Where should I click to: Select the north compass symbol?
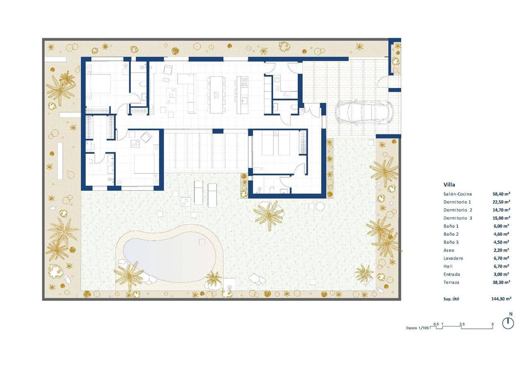pyautogui.click(x=508, y=323)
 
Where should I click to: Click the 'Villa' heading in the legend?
pyautogui.click(x=449, y=184)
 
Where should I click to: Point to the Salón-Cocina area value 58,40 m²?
pyautogui.click(x=501, y=194)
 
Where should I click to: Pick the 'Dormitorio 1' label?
pyautogui.click(x=457, y=202)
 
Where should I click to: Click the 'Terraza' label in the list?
pyautogui.click(x=451, y=282)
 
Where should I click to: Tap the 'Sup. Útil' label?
pyautogui.click(x=452, y=299)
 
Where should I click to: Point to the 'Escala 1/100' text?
pyautogui.click(x=417, y=328)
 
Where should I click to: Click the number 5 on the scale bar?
pyautogui.click(x=492, y=324)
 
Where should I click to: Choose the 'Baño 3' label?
pyautogui.click(x=451, y=242)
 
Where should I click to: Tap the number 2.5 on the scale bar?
pyautogui.click(x=462, y=324)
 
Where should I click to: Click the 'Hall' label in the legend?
pyautogui.click(x=448, y=266)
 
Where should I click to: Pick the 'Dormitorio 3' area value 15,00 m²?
pyautogui.click(x=501, y=218)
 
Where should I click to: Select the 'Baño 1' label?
pyautogui.click(x=451, y=226)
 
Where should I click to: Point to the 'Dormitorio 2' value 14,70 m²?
pyautogui.click(x=501, y=210)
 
